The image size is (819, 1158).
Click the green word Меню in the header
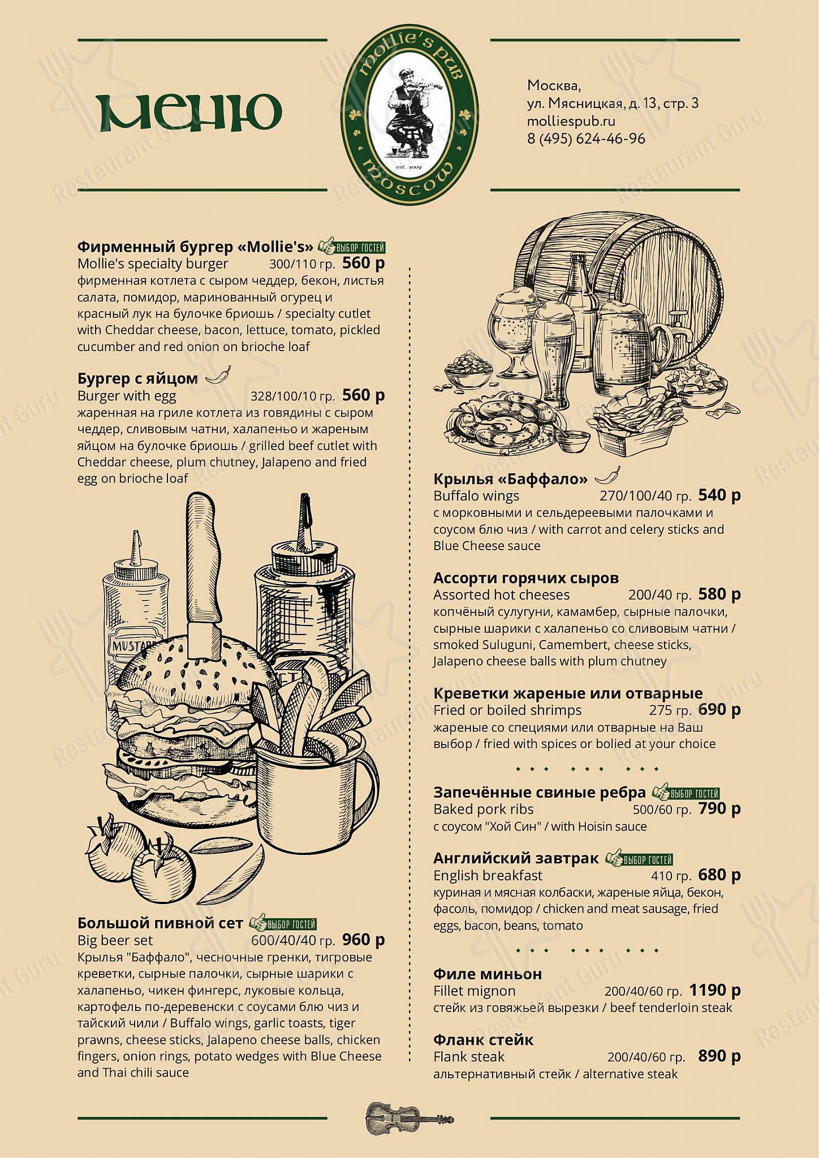189,112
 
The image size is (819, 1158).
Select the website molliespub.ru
571,121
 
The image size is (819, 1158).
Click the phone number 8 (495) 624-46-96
586,139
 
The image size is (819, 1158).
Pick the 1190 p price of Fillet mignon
714,990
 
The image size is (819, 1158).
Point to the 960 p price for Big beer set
363,940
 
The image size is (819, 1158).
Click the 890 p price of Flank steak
719,1056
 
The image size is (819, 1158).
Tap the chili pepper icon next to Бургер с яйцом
218,375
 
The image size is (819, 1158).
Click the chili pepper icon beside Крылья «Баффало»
607,476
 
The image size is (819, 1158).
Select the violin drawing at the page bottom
409,1118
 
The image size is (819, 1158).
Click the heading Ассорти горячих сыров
526,578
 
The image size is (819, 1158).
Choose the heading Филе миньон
488,974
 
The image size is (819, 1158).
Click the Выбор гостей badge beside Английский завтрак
639,859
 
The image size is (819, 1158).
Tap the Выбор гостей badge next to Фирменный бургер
352,247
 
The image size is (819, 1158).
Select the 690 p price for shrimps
719,710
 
